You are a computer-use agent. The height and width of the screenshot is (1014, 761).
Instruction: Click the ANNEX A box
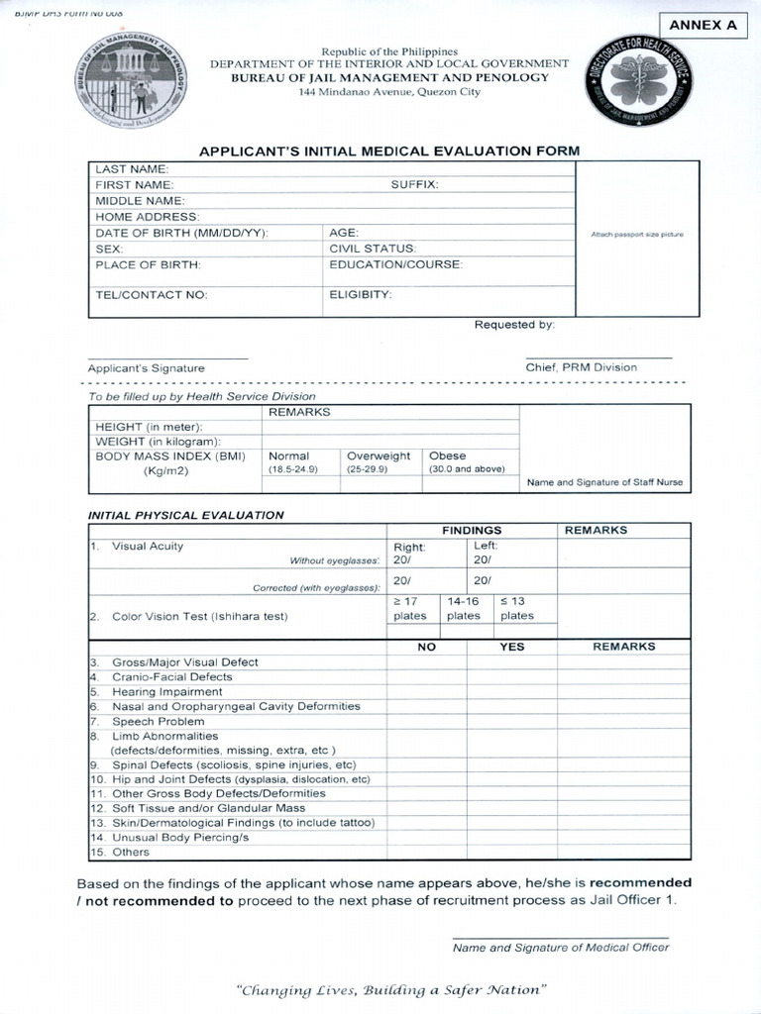coord(703,26)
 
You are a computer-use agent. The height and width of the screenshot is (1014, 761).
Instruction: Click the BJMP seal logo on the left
coord(132,80)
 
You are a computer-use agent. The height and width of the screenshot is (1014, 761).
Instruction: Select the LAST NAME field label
coord(132,169)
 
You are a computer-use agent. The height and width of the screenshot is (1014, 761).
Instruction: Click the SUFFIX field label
coord(414,184)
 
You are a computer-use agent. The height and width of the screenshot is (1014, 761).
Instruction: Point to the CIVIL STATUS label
coord(373,249)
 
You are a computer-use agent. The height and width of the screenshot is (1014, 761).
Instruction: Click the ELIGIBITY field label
coord(361,294)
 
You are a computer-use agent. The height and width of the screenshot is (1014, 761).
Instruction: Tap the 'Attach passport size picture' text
coord(637,235)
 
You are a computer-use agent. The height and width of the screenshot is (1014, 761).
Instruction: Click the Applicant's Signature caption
coord(146,367)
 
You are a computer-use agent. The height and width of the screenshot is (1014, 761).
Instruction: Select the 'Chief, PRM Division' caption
coord(582,366)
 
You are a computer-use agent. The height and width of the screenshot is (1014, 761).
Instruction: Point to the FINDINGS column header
coord(472,530)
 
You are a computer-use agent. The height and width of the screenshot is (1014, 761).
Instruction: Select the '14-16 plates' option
coord(463,608)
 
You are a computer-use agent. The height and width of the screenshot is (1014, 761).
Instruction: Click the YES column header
coord(512,646)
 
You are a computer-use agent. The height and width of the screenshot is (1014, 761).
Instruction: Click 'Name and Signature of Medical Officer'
coord(561,947)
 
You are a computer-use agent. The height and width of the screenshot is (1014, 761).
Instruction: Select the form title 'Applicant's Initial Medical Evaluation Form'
coord(389,151)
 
